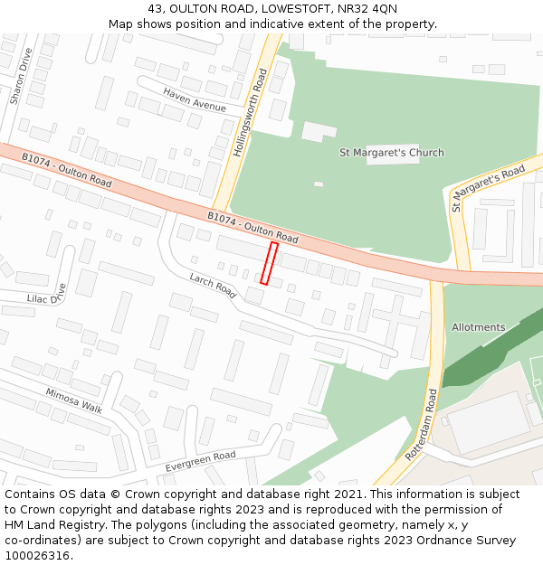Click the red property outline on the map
[x=269, y=263]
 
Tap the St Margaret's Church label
[x=391, y=153]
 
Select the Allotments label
[x=478, y=327]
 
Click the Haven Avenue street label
[x=195, y=100]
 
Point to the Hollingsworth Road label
[x=250, y=113]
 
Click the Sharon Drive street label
[x=15, y=76]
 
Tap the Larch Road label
[x=213, y=287]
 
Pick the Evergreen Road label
[x=200, y=461]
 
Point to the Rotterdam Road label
[x=422, y=425]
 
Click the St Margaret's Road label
[x=488, y=188]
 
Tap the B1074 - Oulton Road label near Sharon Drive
[x=66, y=170]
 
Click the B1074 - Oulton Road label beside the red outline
[x=252, y=228]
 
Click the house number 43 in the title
[x=155, y=8]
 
